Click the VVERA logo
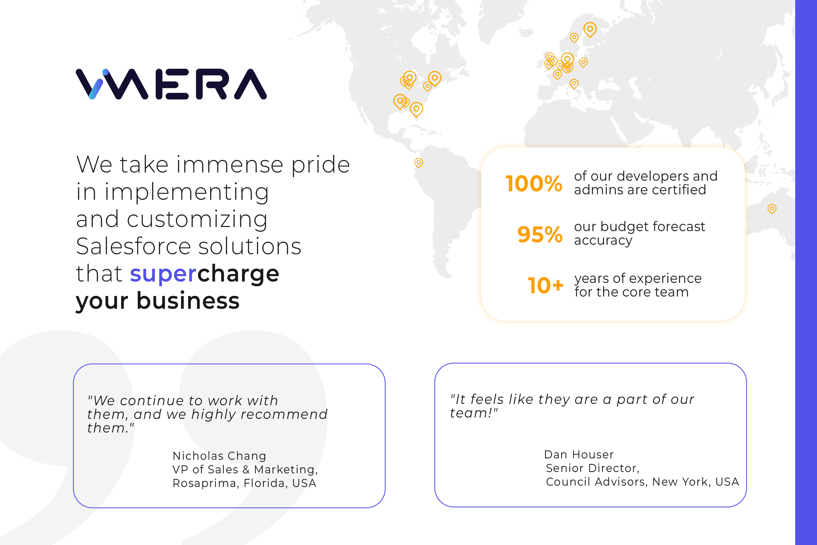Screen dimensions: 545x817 [x=171, y=84]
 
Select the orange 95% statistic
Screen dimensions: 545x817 [x=539, y=234]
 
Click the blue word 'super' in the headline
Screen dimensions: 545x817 [x=163, y=274]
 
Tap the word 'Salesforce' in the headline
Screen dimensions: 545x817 [x=133, y=246]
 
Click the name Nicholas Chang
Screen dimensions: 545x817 [x=219, y=456]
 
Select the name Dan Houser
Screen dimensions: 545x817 [x=579, y=455]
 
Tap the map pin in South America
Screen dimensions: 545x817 [x=419, y=162]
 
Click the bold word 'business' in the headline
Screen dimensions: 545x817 [x=188, y=301]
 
